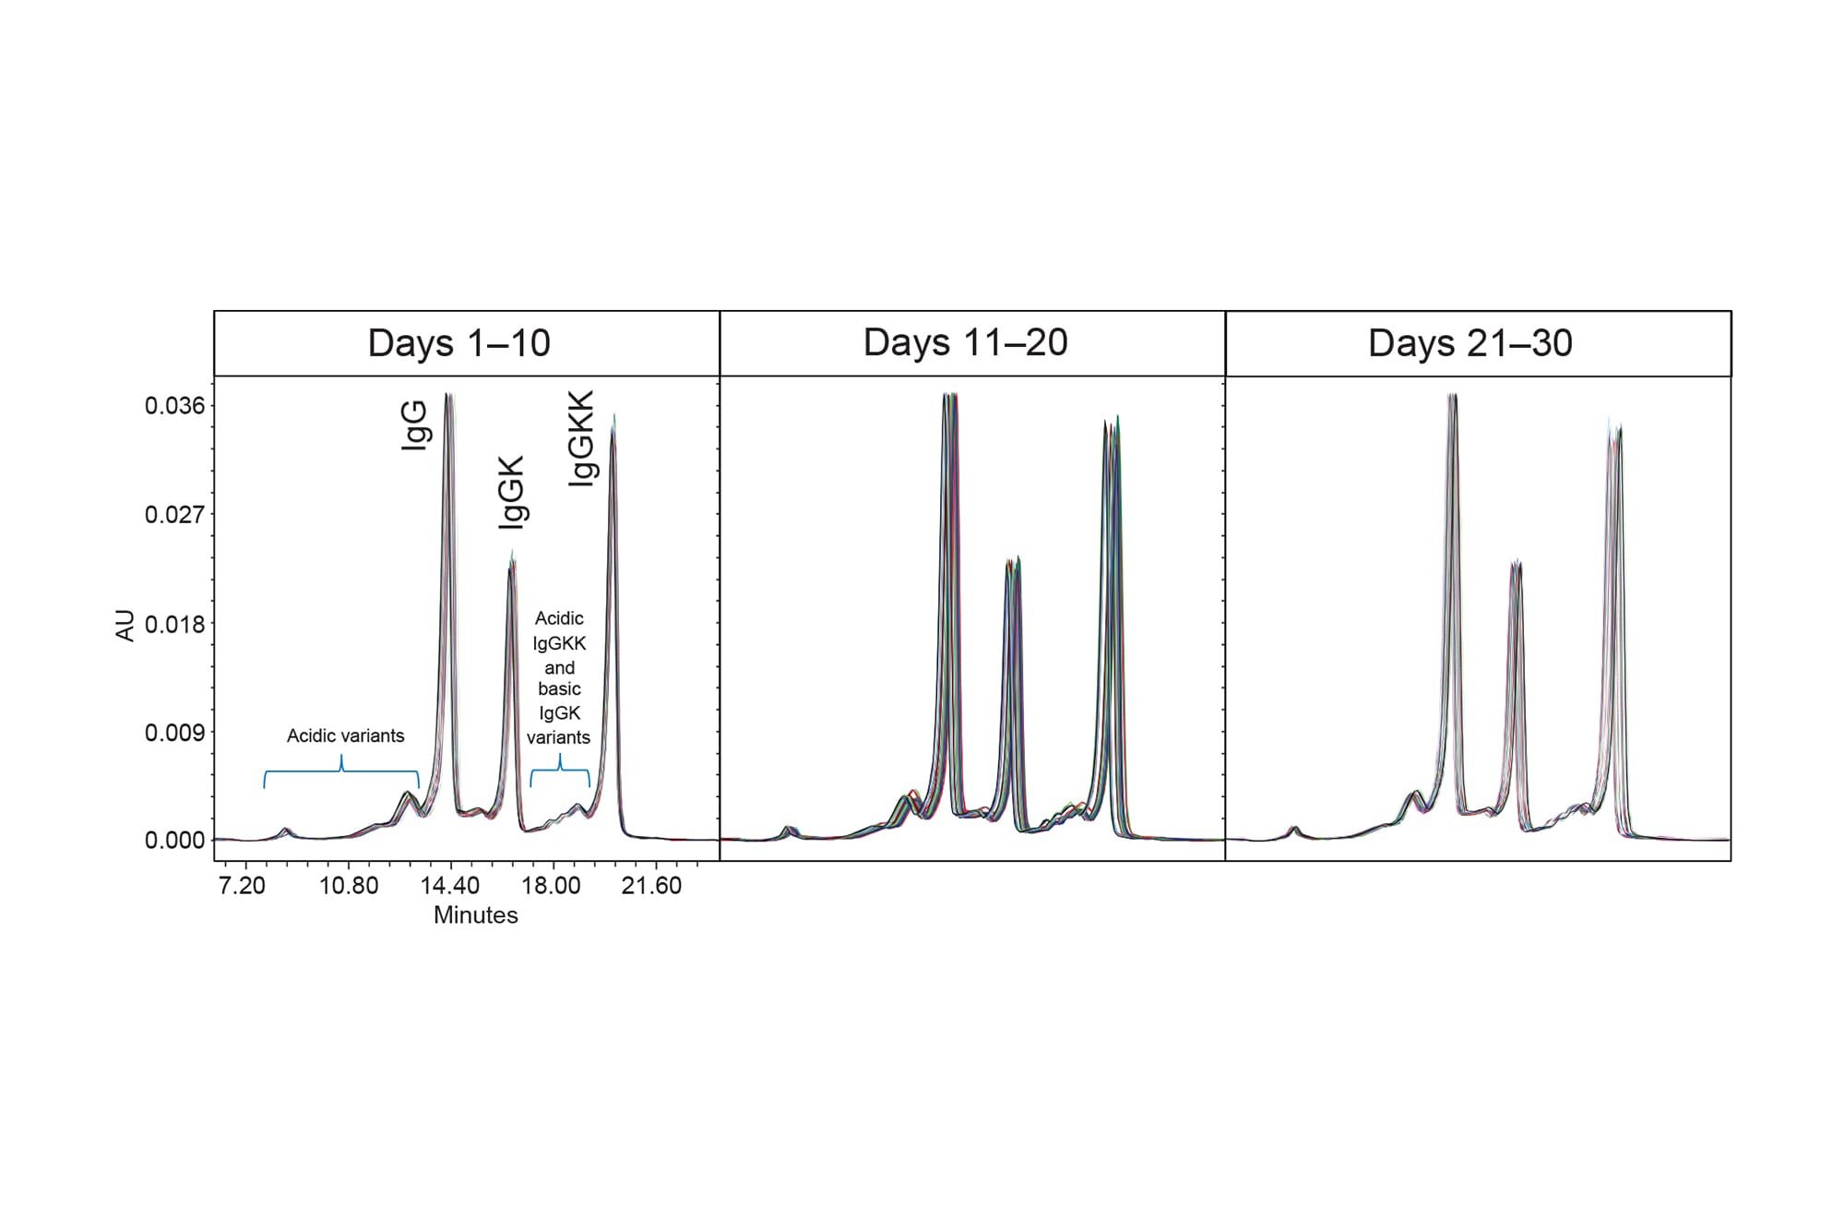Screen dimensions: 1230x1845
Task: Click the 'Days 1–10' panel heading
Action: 458,343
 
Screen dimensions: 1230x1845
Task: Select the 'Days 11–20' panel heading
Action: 965,342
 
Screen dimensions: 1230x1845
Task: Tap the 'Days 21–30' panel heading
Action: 1470,343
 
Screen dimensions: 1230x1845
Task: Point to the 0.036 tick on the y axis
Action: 174,406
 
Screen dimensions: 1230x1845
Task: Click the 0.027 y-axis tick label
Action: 174,515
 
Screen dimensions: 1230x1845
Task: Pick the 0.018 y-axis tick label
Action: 174,625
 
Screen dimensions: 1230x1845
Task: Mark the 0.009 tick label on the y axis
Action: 174,734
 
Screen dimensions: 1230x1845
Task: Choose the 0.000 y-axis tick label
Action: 174,841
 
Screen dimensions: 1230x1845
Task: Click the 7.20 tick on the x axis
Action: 242,886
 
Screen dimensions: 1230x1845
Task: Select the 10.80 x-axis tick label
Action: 349,886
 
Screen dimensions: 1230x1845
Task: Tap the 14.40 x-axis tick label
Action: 450,886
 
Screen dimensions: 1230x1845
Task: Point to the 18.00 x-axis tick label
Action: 552,886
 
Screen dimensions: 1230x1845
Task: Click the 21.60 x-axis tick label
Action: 651,886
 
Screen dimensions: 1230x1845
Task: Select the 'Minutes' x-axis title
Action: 475,915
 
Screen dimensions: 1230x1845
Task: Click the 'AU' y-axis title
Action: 125,626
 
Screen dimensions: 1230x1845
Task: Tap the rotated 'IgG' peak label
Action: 414,424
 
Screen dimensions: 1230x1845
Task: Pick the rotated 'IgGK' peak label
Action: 511,492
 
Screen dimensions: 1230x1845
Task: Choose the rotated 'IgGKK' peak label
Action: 581,438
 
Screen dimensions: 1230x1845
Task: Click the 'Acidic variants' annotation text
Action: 345,736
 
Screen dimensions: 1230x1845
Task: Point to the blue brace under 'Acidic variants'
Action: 341,771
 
